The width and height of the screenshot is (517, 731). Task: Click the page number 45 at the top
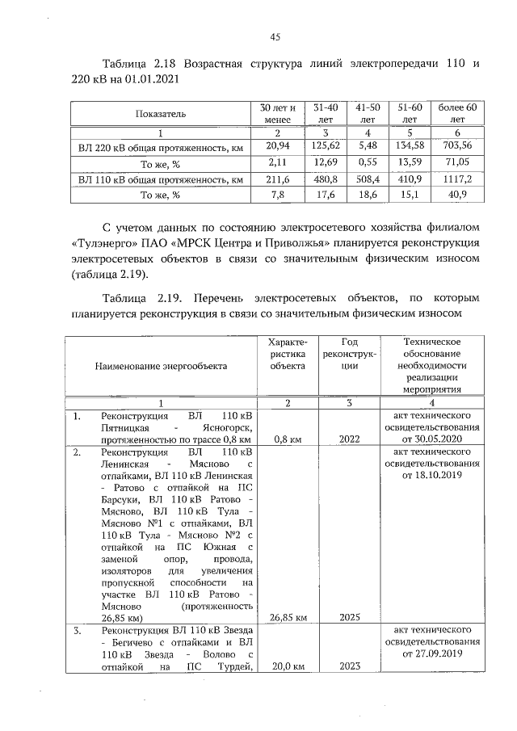coord(275,36)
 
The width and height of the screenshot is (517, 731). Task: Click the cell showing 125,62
coord(324,145)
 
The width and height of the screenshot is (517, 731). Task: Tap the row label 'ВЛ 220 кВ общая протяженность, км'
coord(160,145)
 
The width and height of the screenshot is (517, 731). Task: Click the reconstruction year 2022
coord(350,439)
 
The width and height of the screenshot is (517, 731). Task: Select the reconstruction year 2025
coord(350,618)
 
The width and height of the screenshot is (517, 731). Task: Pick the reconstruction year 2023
coord(350,666)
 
